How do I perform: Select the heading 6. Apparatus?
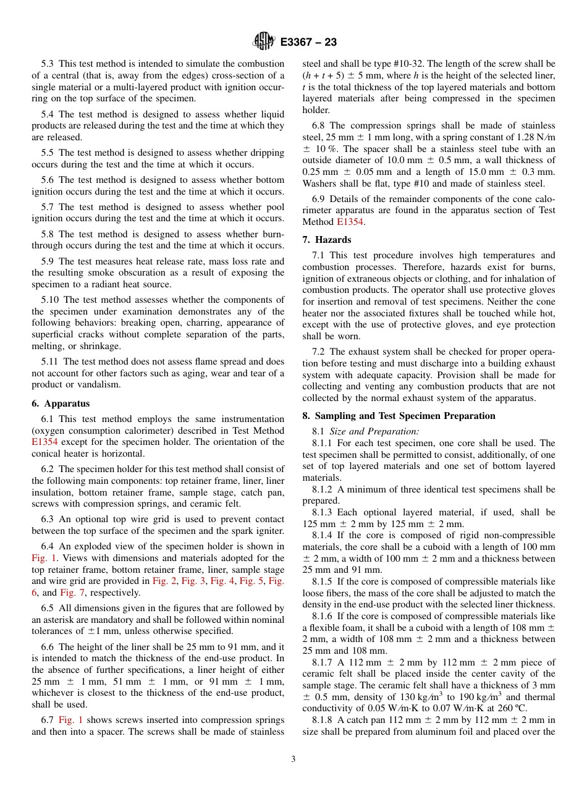(61, 404)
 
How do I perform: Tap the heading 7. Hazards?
(326, 240)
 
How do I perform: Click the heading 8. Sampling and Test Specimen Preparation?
(399, 416)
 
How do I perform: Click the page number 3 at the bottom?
(293, 759)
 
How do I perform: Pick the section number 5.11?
(51, 361)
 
